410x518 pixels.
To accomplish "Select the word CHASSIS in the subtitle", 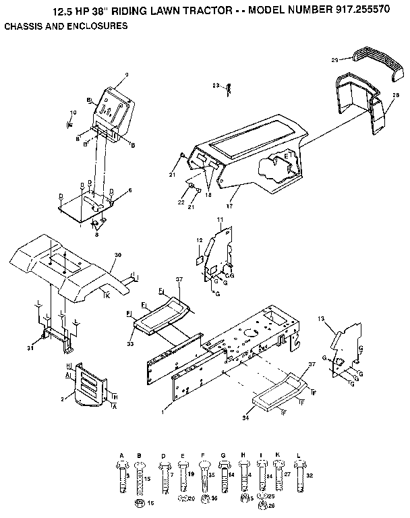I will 24,26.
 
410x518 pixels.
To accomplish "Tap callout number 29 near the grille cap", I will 335,60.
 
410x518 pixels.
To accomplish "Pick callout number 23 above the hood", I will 215,86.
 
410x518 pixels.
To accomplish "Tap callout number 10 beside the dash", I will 74,112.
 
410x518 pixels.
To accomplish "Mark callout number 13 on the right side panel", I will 321,318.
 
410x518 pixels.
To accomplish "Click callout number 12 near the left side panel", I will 199,240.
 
